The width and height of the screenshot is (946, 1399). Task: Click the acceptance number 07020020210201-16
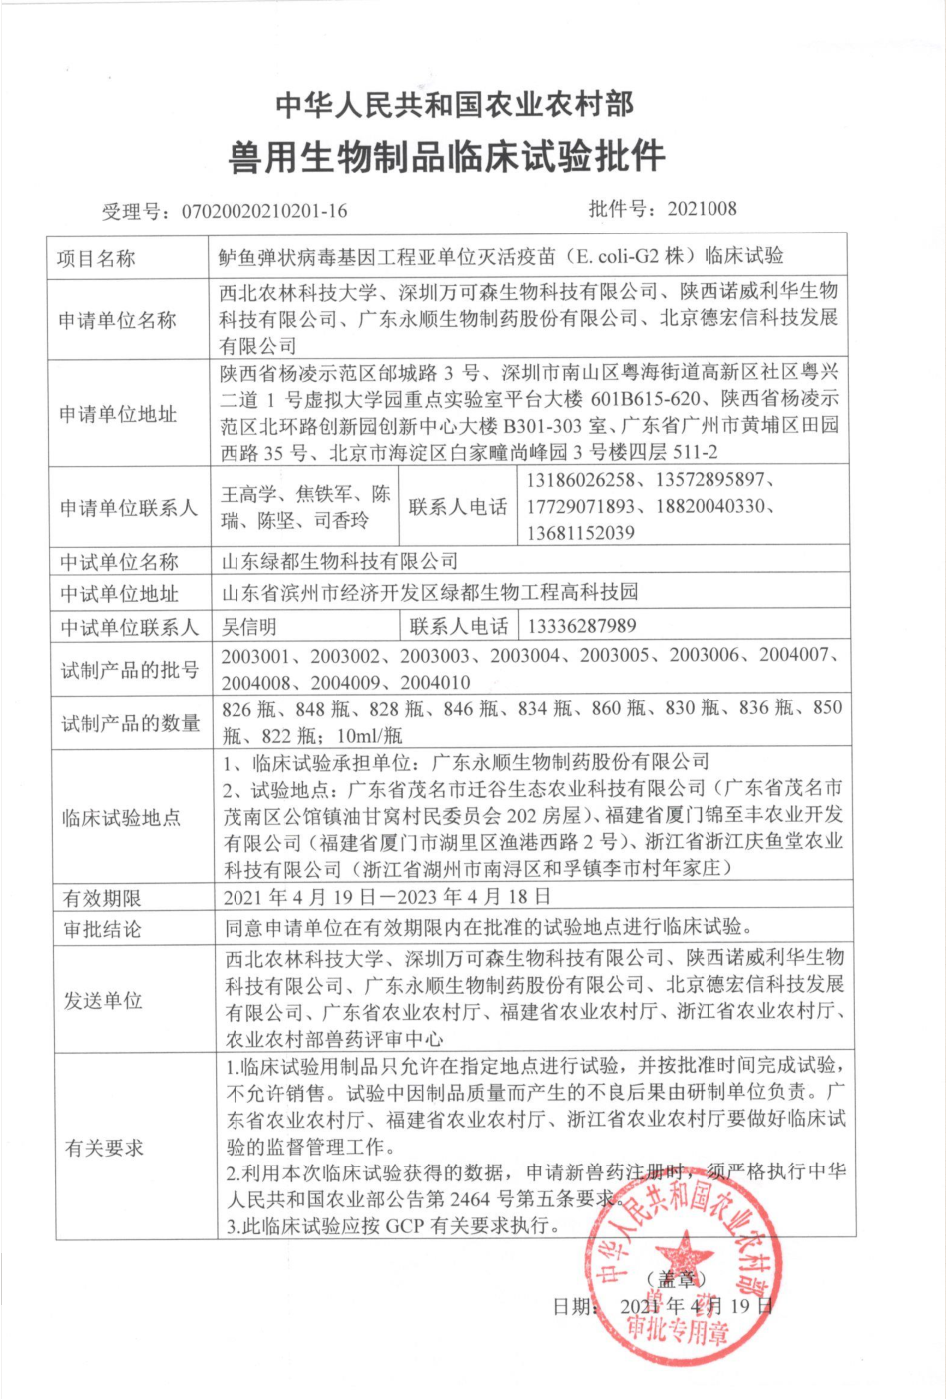click(x=264, y=211)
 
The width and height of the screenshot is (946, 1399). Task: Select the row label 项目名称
click(x=96, y=258)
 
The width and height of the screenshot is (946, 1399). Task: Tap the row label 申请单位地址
click(x=117, y=414)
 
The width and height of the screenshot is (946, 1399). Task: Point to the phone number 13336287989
click(x=582, y=626)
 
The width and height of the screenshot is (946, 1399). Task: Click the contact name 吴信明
click(x=249, y=626)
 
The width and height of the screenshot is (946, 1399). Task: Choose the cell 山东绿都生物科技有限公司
click(x=339, y=561)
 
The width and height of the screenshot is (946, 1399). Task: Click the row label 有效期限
click(x=102, y=898)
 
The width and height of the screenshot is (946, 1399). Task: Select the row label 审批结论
click(x=102, y=930)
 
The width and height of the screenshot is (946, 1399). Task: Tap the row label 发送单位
click(x=102, y=1000)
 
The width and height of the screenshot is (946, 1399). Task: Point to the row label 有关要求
click(x=104, y=1148)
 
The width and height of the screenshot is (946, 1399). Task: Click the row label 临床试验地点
click(x=121, y=818)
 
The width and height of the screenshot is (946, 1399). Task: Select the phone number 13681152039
click(x=580, y=533)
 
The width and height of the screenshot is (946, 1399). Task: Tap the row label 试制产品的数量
click(x=130, y=723)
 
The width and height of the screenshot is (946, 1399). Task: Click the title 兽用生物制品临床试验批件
click(x=446, y=157)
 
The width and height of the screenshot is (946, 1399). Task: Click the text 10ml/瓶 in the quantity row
click(x=370, y=736)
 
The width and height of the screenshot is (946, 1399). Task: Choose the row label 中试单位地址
click(x=118, y=594)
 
